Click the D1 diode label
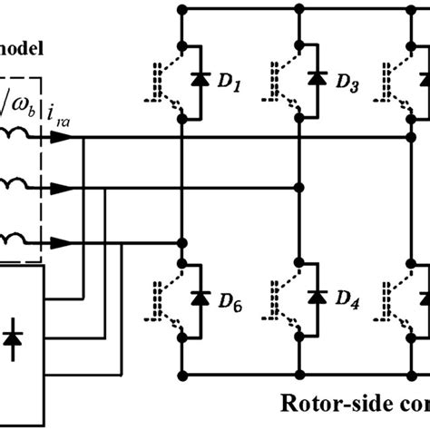pos(233,87)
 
